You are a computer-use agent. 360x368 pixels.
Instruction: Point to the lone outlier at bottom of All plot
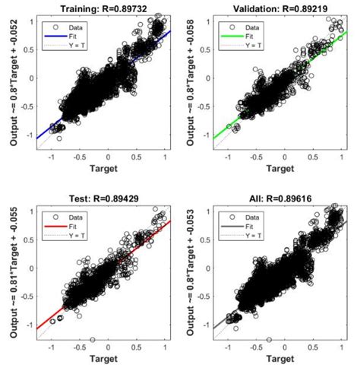click(x=270, y=340)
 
